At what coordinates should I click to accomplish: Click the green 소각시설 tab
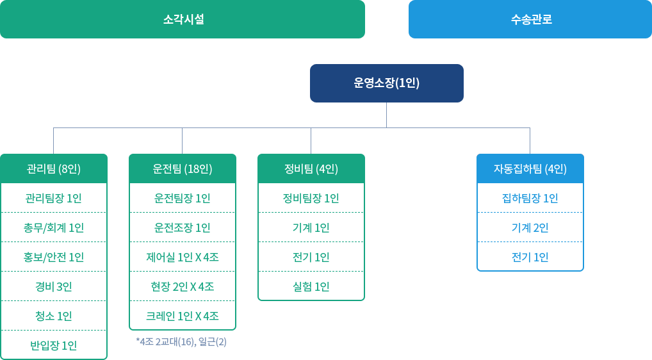(183, 19)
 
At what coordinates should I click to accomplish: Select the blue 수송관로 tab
(530, 19)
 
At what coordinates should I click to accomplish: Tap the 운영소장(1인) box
(386, 83)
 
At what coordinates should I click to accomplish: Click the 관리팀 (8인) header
(54, 169)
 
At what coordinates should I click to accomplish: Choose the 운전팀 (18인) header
(183, 169)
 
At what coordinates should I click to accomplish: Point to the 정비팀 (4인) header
(311, 169)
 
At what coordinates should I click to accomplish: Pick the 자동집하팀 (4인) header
(530, 169)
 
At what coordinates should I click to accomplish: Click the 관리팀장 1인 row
(54, 199)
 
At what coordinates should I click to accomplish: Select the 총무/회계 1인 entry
(54, 228)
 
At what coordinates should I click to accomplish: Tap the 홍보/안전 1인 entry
(54, 258)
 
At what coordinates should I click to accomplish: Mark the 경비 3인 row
(54, 287)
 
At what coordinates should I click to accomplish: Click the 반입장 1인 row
(54, 346)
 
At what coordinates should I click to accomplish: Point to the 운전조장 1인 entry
(183, 228)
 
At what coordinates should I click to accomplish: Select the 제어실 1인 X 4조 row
(183, 258)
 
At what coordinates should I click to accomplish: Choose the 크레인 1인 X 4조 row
(183, 316)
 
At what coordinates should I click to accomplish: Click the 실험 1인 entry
(311, 287)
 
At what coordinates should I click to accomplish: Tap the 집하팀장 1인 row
(530, 199)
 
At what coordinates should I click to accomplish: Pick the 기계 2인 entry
(530, 228)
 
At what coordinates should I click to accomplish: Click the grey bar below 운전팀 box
(181, 342)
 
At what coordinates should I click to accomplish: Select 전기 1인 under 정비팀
(311, 258)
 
